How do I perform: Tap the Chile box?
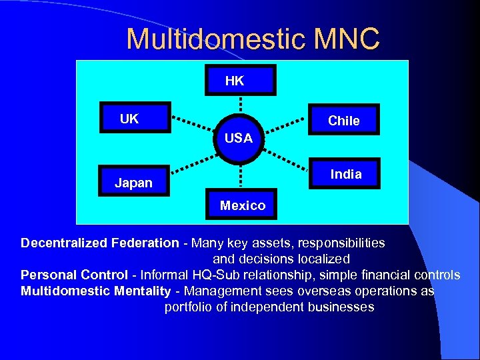tap(344, 120)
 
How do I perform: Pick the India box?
tap(345, 174)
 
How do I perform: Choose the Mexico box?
tap(241, 205)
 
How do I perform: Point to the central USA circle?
tap(239, 139)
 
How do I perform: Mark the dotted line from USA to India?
tap(287, 160)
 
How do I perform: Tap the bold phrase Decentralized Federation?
tap(99, 243)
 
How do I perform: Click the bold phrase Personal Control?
tap(74, 275)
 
